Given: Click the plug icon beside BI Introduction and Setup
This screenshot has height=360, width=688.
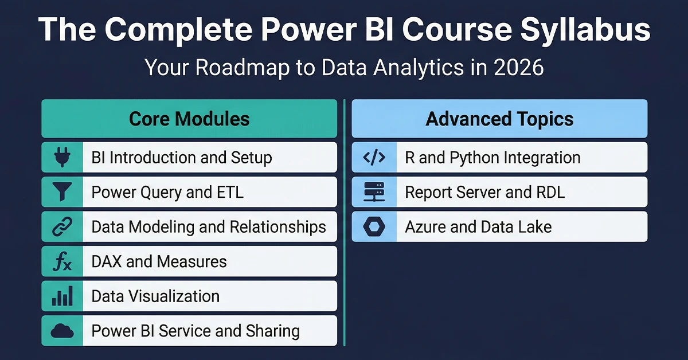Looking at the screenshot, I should [62, 158].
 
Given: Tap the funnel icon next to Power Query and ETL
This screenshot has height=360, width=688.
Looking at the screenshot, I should [62, 192].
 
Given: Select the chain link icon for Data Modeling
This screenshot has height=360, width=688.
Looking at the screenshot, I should [62, 227].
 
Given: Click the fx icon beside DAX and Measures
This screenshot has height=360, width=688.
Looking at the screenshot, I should [62, 262].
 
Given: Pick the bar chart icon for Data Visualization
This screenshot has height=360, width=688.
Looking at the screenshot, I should [62, 296].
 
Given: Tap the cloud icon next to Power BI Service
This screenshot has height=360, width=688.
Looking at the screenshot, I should [62, 331].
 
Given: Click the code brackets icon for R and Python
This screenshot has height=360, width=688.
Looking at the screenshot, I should [374, 158].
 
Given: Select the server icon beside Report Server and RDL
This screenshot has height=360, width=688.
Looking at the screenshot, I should [374, 192].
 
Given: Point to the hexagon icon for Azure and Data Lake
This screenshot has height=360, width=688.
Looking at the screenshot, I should [374, 227].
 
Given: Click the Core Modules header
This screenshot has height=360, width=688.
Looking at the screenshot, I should [189, 119].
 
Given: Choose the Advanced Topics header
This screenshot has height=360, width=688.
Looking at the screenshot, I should [499, 119].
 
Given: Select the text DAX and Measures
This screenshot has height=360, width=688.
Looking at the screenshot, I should [159, 262].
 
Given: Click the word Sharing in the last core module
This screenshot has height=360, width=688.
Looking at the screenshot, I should [272, 331].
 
